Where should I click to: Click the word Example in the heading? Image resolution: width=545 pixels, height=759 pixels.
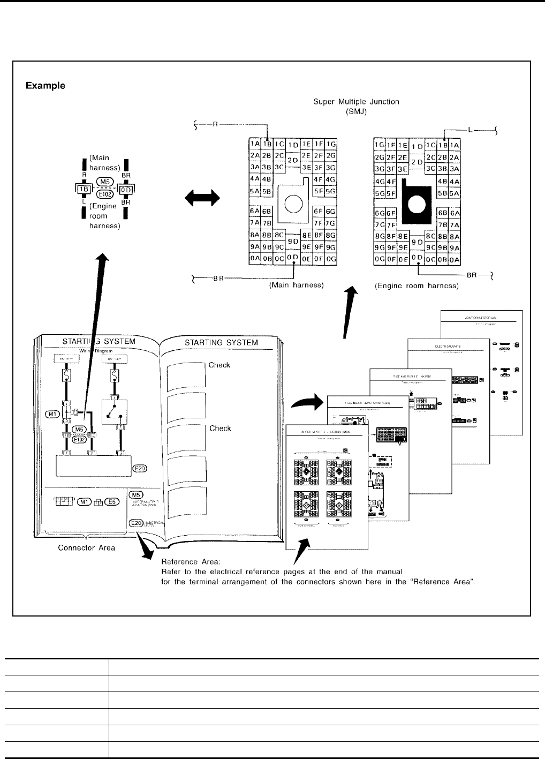46,86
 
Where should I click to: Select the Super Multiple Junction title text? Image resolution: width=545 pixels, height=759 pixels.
358,102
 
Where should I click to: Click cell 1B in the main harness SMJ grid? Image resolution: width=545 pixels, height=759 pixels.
267,144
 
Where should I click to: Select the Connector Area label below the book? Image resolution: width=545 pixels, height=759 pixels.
86,547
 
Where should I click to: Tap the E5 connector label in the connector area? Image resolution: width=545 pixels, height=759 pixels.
111,502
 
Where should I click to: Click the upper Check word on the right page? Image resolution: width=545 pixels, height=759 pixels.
219,365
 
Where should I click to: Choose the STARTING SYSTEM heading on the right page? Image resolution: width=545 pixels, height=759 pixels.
221,342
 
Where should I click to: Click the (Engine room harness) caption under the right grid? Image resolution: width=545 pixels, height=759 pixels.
416,285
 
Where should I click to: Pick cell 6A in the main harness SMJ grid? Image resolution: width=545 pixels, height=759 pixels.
254,211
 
